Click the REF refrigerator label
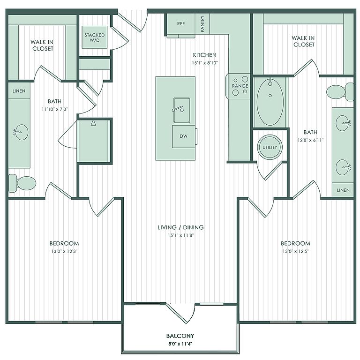click(x=181, y=23)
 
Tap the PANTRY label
click(x=202, y=24)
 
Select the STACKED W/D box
click(x=95, y=37)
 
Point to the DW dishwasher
click(x=184, y=136)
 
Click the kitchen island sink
click(x=181, y=110)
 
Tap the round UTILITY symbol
click(x=270, y=147)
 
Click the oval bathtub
click(x=270, y=102)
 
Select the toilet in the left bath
click(x=22, y=183)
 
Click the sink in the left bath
click(x=21, y=132)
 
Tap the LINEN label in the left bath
click(x=19, y=91)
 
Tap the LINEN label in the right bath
click(x=343, y=190)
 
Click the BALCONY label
click(x=180, y=336)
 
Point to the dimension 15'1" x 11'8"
click(x=181, y=235)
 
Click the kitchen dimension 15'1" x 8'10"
click(x=204, y=63)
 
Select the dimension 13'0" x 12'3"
click(x=65, y=251)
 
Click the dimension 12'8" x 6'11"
click(x=310, y=140)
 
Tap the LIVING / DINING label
click(x=180, y=227)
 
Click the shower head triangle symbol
click(x=93, y=123)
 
